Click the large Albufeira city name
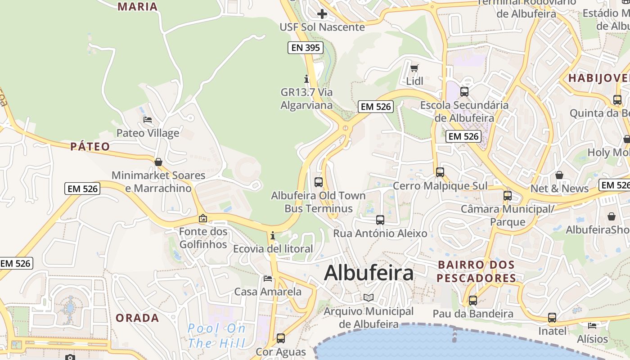tap(369, 273)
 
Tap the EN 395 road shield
tap(306, 48)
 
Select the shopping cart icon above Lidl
tap(414, 68)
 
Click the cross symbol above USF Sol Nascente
tap(322, 14)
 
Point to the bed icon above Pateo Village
tap(148, 120)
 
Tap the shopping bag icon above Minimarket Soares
tap(158, 162)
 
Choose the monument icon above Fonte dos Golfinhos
tap(203, 219)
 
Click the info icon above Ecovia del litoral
tap(272, 235)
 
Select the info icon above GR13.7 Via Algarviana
tap(307, 79)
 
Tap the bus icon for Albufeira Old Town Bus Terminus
tap(319, 182)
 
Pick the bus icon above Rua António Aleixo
tap(380, 220)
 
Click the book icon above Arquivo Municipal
tap(369, 298)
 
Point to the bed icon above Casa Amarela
tap(268, 279)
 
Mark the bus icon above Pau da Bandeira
tap(473, 300)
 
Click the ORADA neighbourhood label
tap(137, 318)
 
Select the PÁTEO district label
tap(90, 147)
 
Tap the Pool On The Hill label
tap(216, 336)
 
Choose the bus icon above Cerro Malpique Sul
tap(440, 172)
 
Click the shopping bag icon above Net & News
tap(559, 175)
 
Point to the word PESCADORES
tap(477, 278)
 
